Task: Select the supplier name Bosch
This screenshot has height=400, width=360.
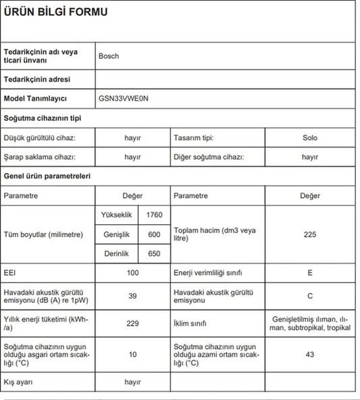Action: (108, 56)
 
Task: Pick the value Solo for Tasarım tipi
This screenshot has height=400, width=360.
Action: (310, 138)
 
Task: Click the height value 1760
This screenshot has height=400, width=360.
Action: (154, 215)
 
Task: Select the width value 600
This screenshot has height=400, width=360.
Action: (154, 234)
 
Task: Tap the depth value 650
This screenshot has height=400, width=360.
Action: (154, 253)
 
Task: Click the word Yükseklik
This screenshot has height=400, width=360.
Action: (115, 215)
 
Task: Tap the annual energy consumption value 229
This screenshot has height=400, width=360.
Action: (132, 323)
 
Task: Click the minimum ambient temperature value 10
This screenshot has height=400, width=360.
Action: (132, 354)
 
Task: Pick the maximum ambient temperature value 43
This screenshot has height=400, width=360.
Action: (310, 354)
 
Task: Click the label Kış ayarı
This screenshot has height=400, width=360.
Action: (20, 382)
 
